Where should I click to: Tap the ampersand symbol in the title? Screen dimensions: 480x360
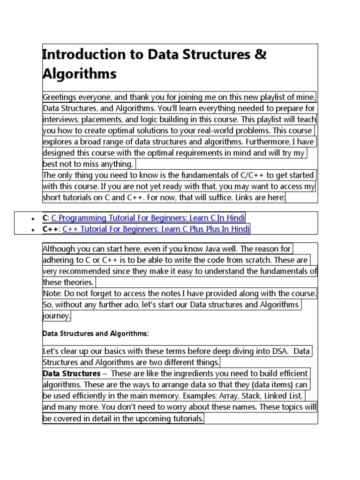coord(261,54)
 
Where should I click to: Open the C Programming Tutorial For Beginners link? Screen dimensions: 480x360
coord(148,217)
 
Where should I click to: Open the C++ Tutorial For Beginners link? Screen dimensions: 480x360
coord(156,229)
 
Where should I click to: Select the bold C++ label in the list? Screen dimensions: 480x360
coord(50,229)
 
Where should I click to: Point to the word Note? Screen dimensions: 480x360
coord(52,293)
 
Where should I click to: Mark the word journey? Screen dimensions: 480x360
coord(56,316)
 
